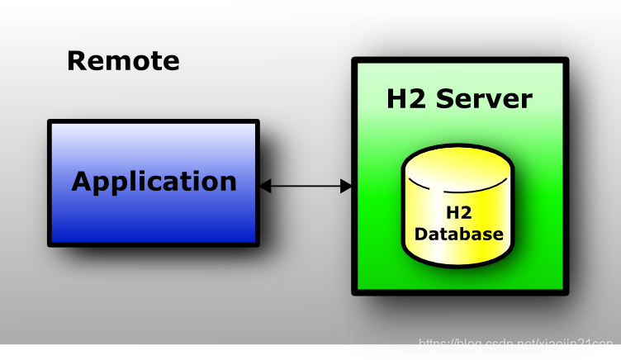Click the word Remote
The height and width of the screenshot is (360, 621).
point(122,60)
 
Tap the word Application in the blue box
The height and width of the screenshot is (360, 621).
point(154,181)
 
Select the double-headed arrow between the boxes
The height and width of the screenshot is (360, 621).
point(306,187)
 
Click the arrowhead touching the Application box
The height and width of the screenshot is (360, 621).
point(265,187)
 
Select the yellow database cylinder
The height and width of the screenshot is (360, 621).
point(457,206)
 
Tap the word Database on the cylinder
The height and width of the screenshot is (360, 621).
point(458,234)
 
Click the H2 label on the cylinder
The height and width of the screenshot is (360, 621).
point(457,213)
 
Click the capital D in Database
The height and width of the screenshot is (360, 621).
point(420,234)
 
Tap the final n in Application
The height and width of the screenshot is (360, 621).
point(228,182)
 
